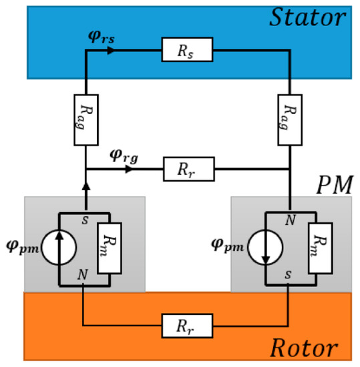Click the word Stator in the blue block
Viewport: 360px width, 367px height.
tap(308, 17)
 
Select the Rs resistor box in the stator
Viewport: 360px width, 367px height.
tap(187, 48)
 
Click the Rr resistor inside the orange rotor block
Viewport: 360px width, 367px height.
tap(187, 327)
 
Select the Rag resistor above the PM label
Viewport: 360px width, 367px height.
tap(290, 117)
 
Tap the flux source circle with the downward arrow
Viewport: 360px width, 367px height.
tap(264, 248)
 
